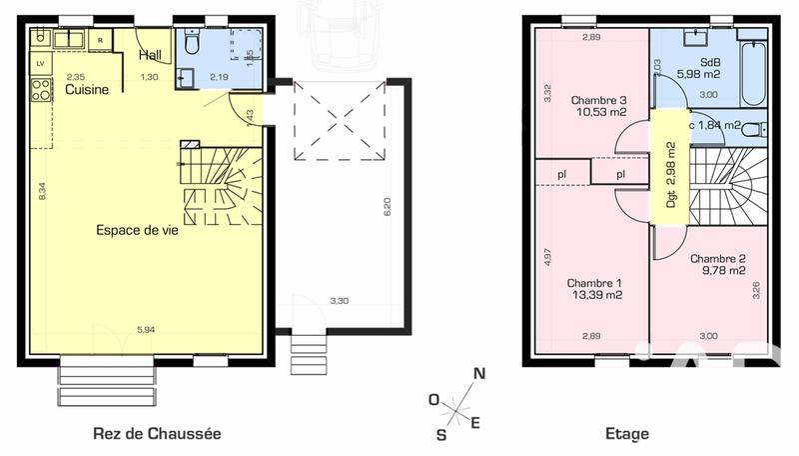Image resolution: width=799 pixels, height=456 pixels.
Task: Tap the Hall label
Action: tap(151, 55)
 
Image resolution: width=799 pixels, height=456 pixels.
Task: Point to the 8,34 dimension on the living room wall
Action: tap(42, 193)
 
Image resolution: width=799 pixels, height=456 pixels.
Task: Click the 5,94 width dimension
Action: tap(146, 329)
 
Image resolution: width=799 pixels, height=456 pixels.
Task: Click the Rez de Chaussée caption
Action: tap(157, 434)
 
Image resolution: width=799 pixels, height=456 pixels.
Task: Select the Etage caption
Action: tap(627, 434)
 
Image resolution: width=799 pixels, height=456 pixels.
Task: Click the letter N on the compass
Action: tap(479, 374)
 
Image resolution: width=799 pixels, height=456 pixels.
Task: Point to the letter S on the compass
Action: tap(440, 433)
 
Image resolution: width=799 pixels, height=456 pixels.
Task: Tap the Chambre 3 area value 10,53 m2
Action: tap(599, 113)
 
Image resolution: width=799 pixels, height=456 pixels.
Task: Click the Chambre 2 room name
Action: tap(718, 257)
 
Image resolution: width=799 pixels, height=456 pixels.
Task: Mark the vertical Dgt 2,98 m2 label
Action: tap(670, 174)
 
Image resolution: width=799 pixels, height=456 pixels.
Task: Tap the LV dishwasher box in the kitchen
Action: tap(41, 63)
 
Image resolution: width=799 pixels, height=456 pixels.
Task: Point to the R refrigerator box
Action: tap(101, 40)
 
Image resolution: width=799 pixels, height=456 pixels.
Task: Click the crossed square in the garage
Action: tap(343, 120)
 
